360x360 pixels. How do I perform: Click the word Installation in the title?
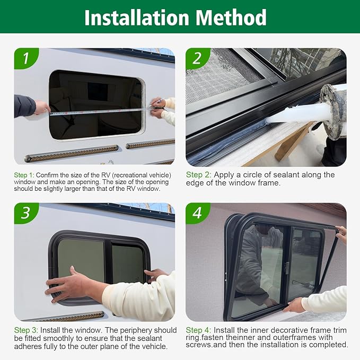tap(137, 17)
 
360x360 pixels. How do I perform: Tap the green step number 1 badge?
tap(25, 59)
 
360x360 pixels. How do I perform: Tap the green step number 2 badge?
tap(197, 59)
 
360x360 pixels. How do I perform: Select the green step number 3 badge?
tap(25, 213)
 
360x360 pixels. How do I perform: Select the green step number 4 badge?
tap(197, 213)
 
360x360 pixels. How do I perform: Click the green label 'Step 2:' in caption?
tap(198, 174)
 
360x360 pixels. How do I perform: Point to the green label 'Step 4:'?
tap(198, 330)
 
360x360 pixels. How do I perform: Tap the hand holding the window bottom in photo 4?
tap(294, 305)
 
